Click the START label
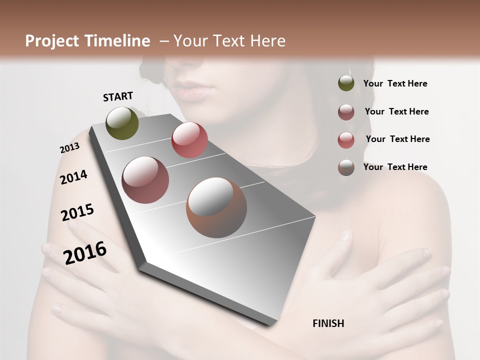click(x=118, y=96)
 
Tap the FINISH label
click(x=328, y=323)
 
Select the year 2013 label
click(x=69, y=148)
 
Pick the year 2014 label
click(x=73, y=177)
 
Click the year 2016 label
click(x=85, y=253)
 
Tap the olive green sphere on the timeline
click(x=122, y=123)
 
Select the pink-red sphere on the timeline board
click(x=189, y=140)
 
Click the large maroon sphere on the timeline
click(x=145, y=180)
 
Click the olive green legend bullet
click(x=346, y=83)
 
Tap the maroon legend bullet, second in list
click(x=346, y=112)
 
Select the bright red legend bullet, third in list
click(x=346, y=139)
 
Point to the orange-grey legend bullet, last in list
click(x=346, y=167)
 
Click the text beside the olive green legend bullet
click(x=395, y=84)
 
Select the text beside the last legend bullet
click(x=395, y=167)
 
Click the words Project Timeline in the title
click(x=87, y=41)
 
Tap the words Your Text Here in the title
click(x=229, y=41)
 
